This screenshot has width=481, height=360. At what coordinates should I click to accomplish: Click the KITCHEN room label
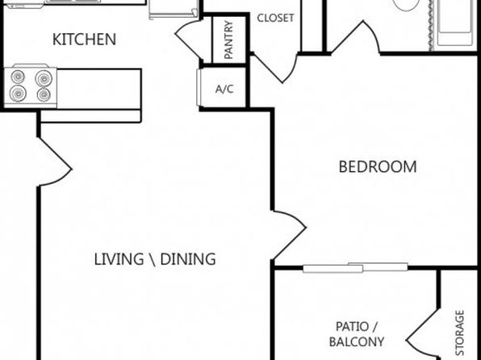(x=85, y=40)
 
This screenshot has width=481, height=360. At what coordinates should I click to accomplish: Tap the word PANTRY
(x=229, y=40)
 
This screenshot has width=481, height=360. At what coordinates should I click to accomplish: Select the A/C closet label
(x=224, y=89)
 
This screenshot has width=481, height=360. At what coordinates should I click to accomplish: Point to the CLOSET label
(x=275, y=18)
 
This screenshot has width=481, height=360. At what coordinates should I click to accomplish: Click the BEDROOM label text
(x=378, y=167)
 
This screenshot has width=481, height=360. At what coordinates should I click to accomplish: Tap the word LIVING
(x=119, y=259)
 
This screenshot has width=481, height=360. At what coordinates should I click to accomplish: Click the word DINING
(x=188, y=259)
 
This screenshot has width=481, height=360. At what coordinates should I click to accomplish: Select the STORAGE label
(x=459, y=333)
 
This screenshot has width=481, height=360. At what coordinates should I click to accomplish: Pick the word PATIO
(x=352, y=327)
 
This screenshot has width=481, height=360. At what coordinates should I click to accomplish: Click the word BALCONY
(x=357, y=341)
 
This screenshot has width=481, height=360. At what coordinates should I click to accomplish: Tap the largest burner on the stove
(x=44, y=78)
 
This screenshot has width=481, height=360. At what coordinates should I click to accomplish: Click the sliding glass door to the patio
(x=355, y=268)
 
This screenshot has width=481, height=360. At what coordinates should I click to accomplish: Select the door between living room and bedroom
(x=289, y=235)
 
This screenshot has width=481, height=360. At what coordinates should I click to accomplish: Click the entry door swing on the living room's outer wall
(x=55, y=161)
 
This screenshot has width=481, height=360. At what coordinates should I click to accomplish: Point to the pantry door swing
(x=189, y=39)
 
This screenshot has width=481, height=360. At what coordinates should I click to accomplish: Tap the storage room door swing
(x=423, y=333)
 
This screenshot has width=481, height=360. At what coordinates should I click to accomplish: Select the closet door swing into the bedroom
(x=274, y=68)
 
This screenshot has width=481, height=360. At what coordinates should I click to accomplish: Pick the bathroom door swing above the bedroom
(x=355, y=37)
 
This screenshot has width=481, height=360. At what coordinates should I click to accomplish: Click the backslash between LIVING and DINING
(x=153, y=260)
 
